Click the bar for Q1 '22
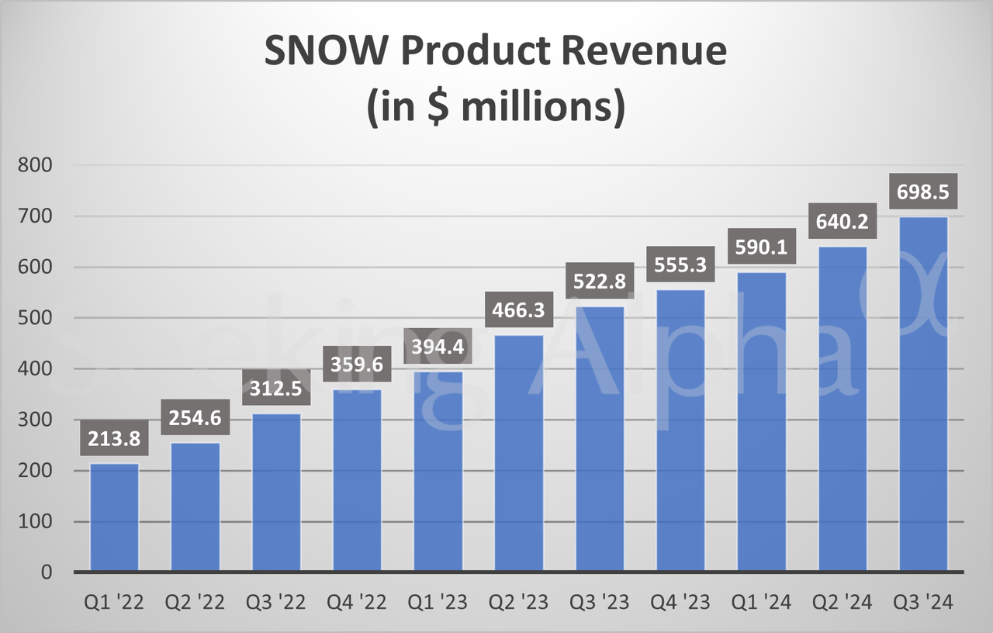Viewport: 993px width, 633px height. coord(115,517)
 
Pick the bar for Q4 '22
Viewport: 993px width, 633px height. coord(357,480)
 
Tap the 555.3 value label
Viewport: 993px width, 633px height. coord(680,265)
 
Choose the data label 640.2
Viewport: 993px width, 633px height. coord(842,222)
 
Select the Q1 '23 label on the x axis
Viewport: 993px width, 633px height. coord(438,603)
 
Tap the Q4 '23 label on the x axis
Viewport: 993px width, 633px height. coord(680,603)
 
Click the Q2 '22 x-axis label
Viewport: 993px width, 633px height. coord(195,603)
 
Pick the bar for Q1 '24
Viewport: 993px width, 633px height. coord(761,422)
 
